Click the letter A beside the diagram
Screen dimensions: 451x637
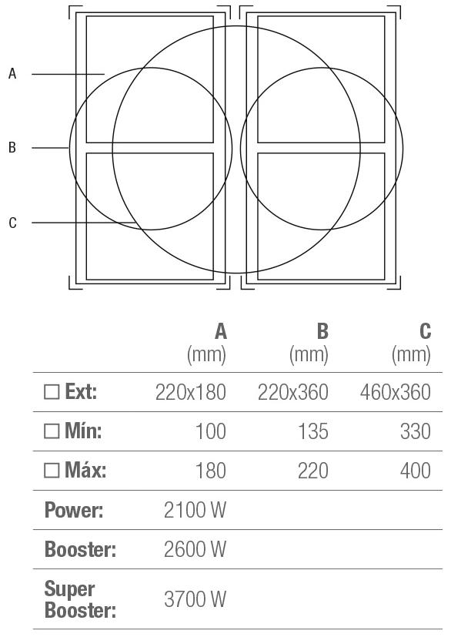12,73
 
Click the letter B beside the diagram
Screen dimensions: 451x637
12,147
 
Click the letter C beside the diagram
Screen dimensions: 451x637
12,223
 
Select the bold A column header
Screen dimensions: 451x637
220,331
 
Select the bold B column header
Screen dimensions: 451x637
322,331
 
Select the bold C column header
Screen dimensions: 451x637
425,331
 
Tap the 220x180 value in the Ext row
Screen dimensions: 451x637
190,392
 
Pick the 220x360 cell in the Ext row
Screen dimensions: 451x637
292,392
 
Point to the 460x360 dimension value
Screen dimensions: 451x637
395,392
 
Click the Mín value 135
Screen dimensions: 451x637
313,431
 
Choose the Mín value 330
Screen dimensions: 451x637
416,431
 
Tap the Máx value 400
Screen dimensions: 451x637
416,471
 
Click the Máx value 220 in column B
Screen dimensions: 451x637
313,471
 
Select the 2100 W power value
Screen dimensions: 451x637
195,510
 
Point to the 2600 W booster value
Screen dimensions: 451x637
195,549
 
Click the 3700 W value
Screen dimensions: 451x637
195,599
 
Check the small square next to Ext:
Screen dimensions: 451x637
52,392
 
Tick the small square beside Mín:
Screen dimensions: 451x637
52,431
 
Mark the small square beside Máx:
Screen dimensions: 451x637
52,471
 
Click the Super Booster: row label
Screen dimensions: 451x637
80,599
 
